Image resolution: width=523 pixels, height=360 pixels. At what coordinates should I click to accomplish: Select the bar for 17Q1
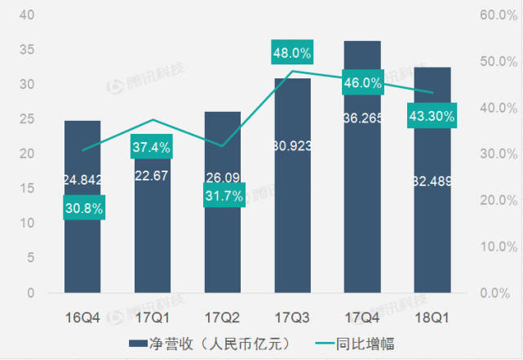point(153,245)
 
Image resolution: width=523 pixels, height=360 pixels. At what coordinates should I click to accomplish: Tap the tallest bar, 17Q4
point(362,204)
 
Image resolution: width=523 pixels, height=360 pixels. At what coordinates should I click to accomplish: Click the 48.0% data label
point(292,53)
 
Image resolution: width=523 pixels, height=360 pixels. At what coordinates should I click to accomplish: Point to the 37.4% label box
point(151,149)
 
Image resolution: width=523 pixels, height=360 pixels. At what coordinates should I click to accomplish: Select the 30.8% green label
point(83,209)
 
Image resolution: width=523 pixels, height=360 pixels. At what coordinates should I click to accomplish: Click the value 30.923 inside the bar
point(292,171)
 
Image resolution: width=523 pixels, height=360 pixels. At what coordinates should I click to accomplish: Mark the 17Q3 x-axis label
point(292,313)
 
